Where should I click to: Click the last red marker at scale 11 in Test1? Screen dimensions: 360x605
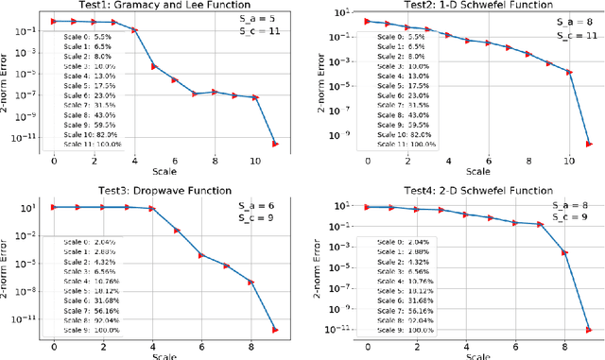[275, 144]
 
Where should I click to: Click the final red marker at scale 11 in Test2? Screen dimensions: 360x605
[589, 144]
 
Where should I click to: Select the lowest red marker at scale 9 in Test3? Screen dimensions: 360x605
[275, 329]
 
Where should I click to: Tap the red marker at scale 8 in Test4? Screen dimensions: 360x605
[563, 252]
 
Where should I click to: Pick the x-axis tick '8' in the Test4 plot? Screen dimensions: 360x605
[563, 347]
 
